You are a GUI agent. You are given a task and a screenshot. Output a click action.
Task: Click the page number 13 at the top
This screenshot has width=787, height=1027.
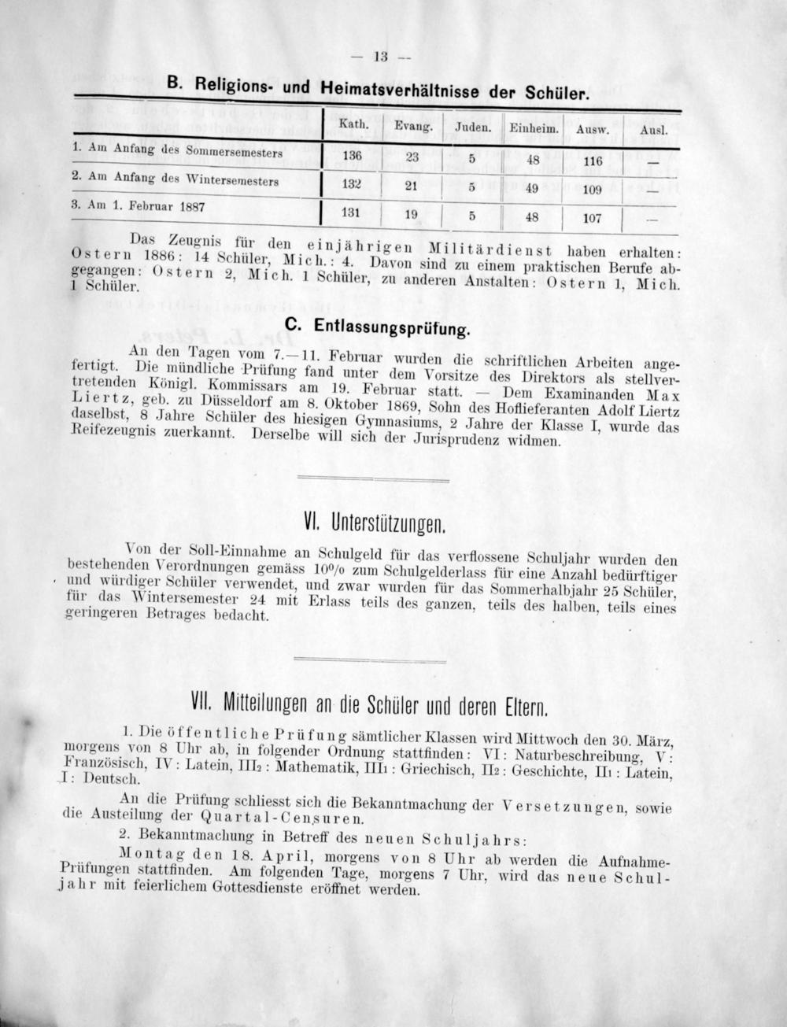(x=382, y=56)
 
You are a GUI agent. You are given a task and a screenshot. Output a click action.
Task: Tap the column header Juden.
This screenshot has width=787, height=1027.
(x=473, y=127)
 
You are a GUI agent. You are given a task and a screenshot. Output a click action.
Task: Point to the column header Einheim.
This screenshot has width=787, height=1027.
(x=534, y=128)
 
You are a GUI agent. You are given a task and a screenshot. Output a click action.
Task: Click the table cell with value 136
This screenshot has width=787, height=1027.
(x=352, y=155)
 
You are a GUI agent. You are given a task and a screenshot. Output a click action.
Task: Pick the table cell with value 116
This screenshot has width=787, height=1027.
(x=593, y=161)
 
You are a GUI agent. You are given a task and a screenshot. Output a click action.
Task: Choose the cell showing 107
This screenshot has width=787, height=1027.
(x=592, y=218)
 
